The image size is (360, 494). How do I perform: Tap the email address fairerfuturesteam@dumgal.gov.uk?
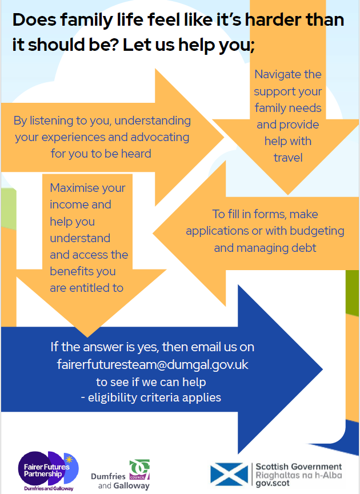pos(153,364)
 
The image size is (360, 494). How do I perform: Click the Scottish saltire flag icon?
pos(230,473)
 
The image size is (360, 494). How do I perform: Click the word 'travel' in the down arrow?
pos(288,157)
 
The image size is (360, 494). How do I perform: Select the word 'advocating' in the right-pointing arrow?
pos(159,138)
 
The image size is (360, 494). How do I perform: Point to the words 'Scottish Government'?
pos(299,467)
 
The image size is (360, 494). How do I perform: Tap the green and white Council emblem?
pos(139,469)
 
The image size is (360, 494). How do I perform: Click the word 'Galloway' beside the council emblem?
pos(132,486)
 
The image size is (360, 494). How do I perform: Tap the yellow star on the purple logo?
pos(69,459)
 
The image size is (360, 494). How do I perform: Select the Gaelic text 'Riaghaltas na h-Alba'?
pos(299,475)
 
